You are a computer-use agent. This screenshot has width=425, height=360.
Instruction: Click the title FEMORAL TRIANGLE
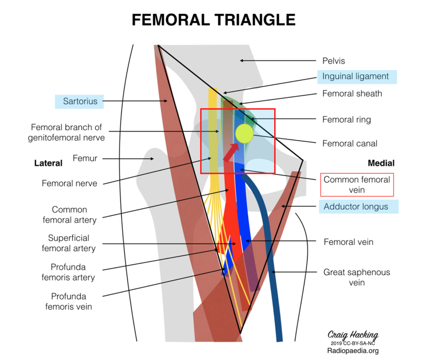point(213,20)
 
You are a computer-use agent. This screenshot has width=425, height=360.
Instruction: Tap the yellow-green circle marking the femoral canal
point(244,133)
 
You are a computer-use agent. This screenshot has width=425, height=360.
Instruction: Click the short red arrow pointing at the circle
point(230,151)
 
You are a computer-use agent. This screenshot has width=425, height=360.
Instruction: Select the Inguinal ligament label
point(356,76)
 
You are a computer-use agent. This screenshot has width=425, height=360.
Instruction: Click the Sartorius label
point(80,101)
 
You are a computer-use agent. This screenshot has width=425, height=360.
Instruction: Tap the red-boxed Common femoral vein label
point(356,185)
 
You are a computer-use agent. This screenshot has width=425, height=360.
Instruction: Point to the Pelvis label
point(334,61)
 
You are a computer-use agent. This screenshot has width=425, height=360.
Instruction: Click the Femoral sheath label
point(352,93)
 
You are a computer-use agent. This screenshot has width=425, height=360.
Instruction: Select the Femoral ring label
point(346,119)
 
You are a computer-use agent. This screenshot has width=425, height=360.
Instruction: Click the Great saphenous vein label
point(356,277)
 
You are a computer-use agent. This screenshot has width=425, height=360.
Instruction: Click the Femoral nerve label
point(70,184)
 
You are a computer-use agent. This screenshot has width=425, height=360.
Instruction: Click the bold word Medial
point(381,163)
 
